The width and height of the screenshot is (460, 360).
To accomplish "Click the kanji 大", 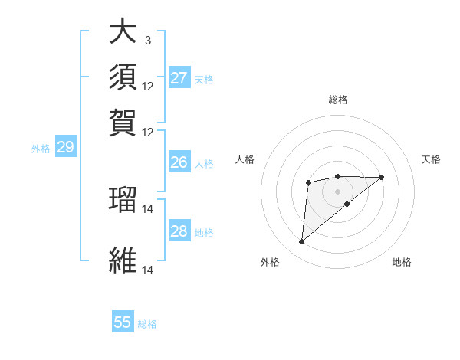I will pos(123,33).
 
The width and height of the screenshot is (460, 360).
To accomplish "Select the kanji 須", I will pos(123,77).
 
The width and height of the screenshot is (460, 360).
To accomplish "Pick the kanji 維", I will pos(123,260).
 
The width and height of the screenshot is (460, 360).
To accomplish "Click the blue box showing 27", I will pos(179,78).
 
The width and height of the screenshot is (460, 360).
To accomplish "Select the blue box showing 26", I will pos(179,162).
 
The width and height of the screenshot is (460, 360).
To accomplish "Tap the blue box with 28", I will pos(179,231).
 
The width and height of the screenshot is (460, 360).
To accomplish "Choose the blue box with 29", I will pos(65,148).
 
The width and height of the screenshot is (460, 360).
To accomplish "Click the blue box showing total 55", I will pos(123,322).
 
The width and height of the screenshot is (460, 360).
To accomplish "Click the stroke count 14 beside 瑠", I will pos(147,208).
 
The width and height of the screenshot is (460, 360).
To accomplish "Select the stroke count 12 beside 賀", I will pos(147,132).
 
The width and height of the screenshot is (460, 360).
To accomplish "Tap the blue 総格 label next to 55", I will pos(147,324).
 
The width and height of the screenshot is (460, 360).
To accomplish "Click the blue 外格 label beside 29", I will pos(40,149).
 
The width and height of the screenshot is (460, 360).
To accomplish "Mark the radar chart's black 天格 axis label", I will pos(431,159).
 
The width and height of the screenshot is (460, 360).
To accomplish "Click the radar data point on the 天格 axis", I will pos(382,177).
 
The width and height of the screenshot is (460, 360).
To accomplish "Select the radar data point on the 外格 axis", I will pos(302,242).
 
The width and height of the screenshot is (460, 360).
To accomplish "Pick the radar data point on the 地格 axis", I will pos(347,204).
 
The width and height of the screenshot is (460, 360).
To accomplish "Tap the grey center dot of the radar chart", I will pos(337,191).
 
